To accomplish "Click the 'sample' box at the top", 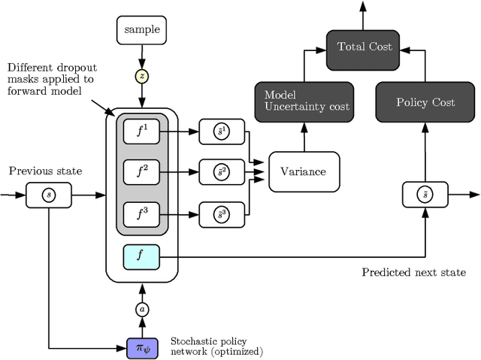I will tap(141, 30).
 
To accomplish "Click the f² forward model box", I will tap(141, 172).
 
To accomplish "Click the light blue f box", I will tap(141, 258).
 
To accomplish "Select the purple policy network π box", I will tap(141, 348).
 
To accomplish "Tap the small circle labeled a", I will tap(141, 309).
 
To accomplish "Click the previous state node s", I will tap(49, 195).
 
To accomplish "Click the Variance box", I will tap(304, 171).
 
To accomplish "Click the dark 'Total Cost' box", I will tap(364, 46).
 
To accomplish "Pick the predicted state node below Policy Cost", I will tap(425, 195).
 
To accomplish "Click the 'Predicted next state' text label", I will tap(413, 272).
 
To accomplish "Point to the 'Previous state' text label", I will tap(45, 171).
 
